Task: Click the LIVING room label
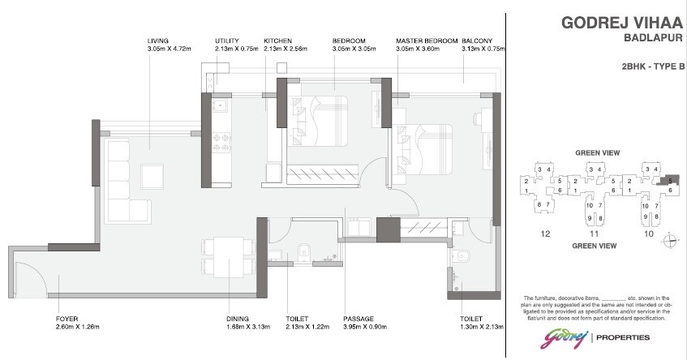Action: [158, 41]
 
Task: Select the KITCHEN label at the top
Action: [277, 41]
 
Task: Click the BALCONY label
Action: [475, 41]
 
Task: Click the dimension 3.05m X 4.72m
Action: [169, 49]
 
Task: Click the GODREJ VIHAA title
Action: [618, 24]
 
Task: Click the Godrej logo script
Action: [566, 337]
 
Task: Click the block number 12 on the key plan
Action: [544, 234]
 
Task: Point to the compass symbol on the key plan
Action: [670, 238]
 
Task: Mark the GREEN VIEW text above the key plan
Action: [598, 152]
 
